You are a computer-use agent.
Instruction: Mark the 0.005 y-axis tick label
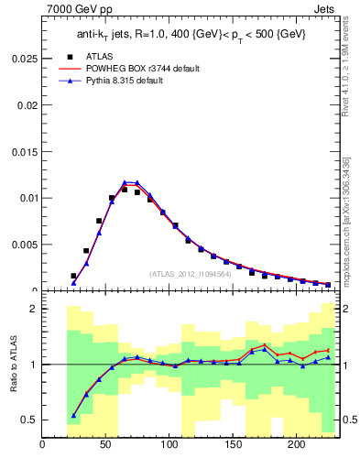(x=23, y=244)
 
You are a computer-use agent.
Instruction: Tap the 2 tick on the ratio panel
(x=34, y=310)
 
